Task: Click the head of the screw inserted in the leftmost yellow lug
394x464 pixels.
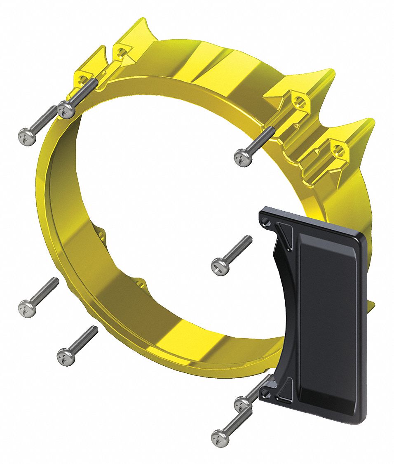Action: [65, 110]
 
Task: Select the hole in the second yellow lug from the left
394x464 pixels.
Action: [120, 52]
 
